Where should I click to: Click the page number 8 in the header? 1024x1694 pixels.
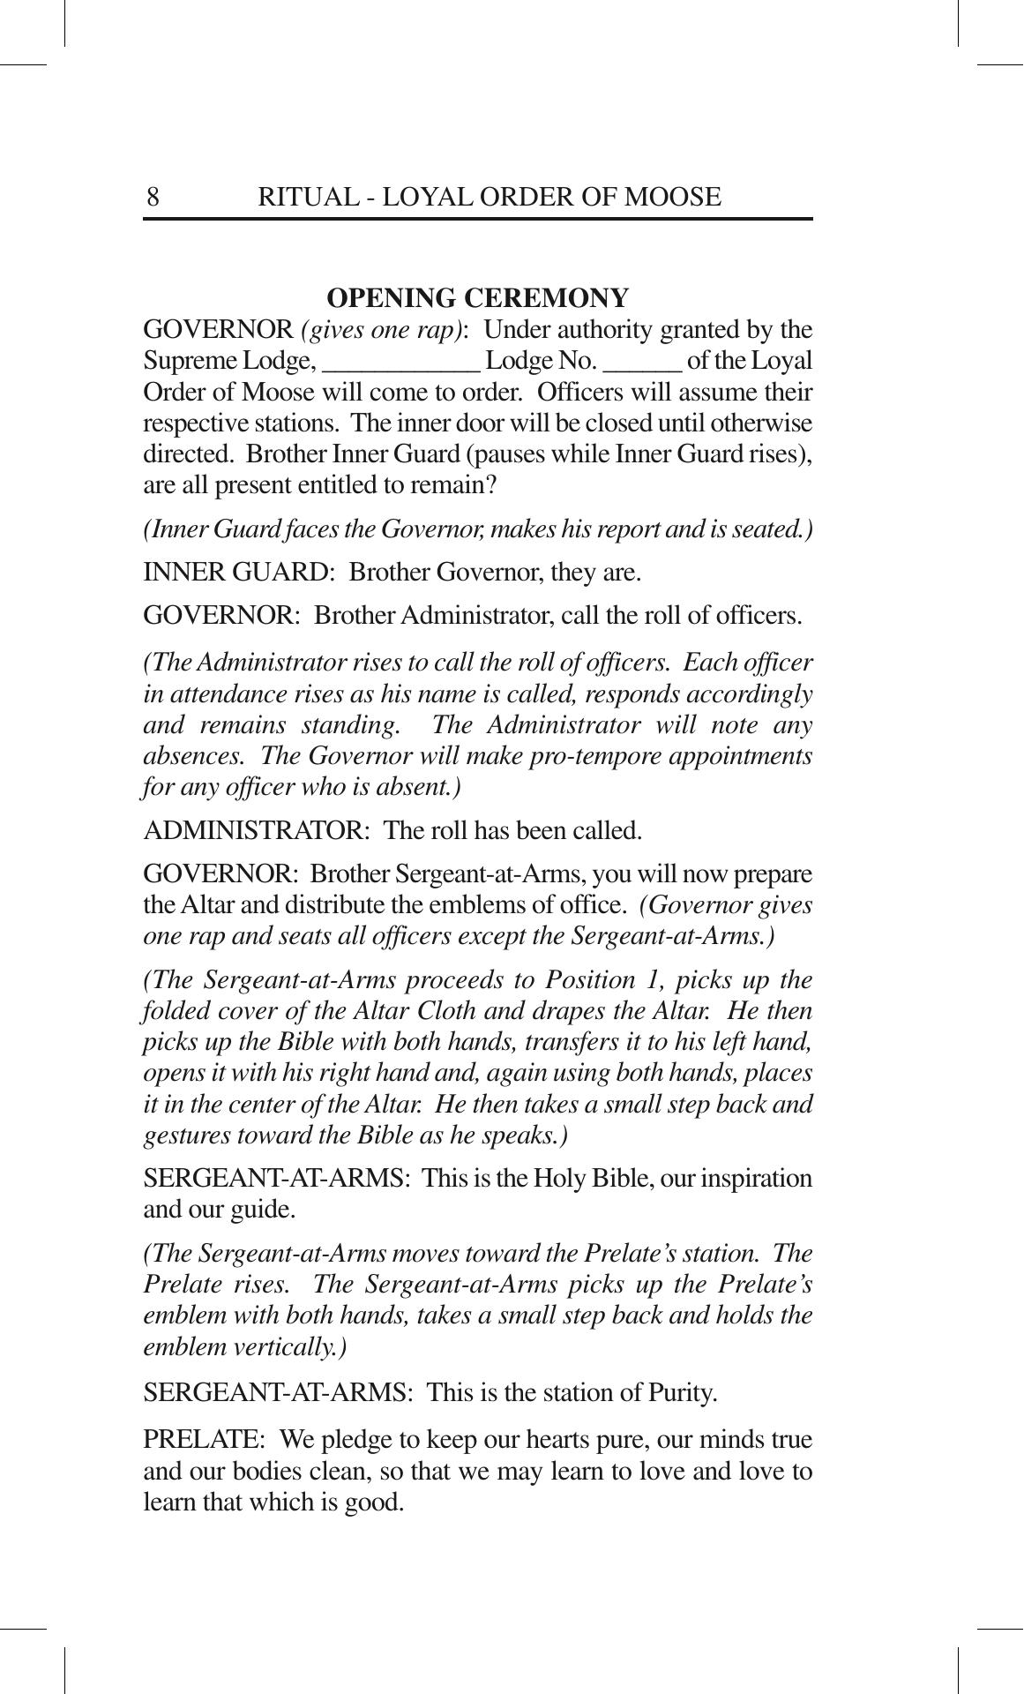(x=153, y=197)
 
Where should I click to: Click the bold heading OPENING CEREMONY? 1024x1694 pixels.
(x=477, y=298)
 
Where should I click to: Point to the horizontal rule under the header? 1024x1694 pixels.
(x=477, y=219)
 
